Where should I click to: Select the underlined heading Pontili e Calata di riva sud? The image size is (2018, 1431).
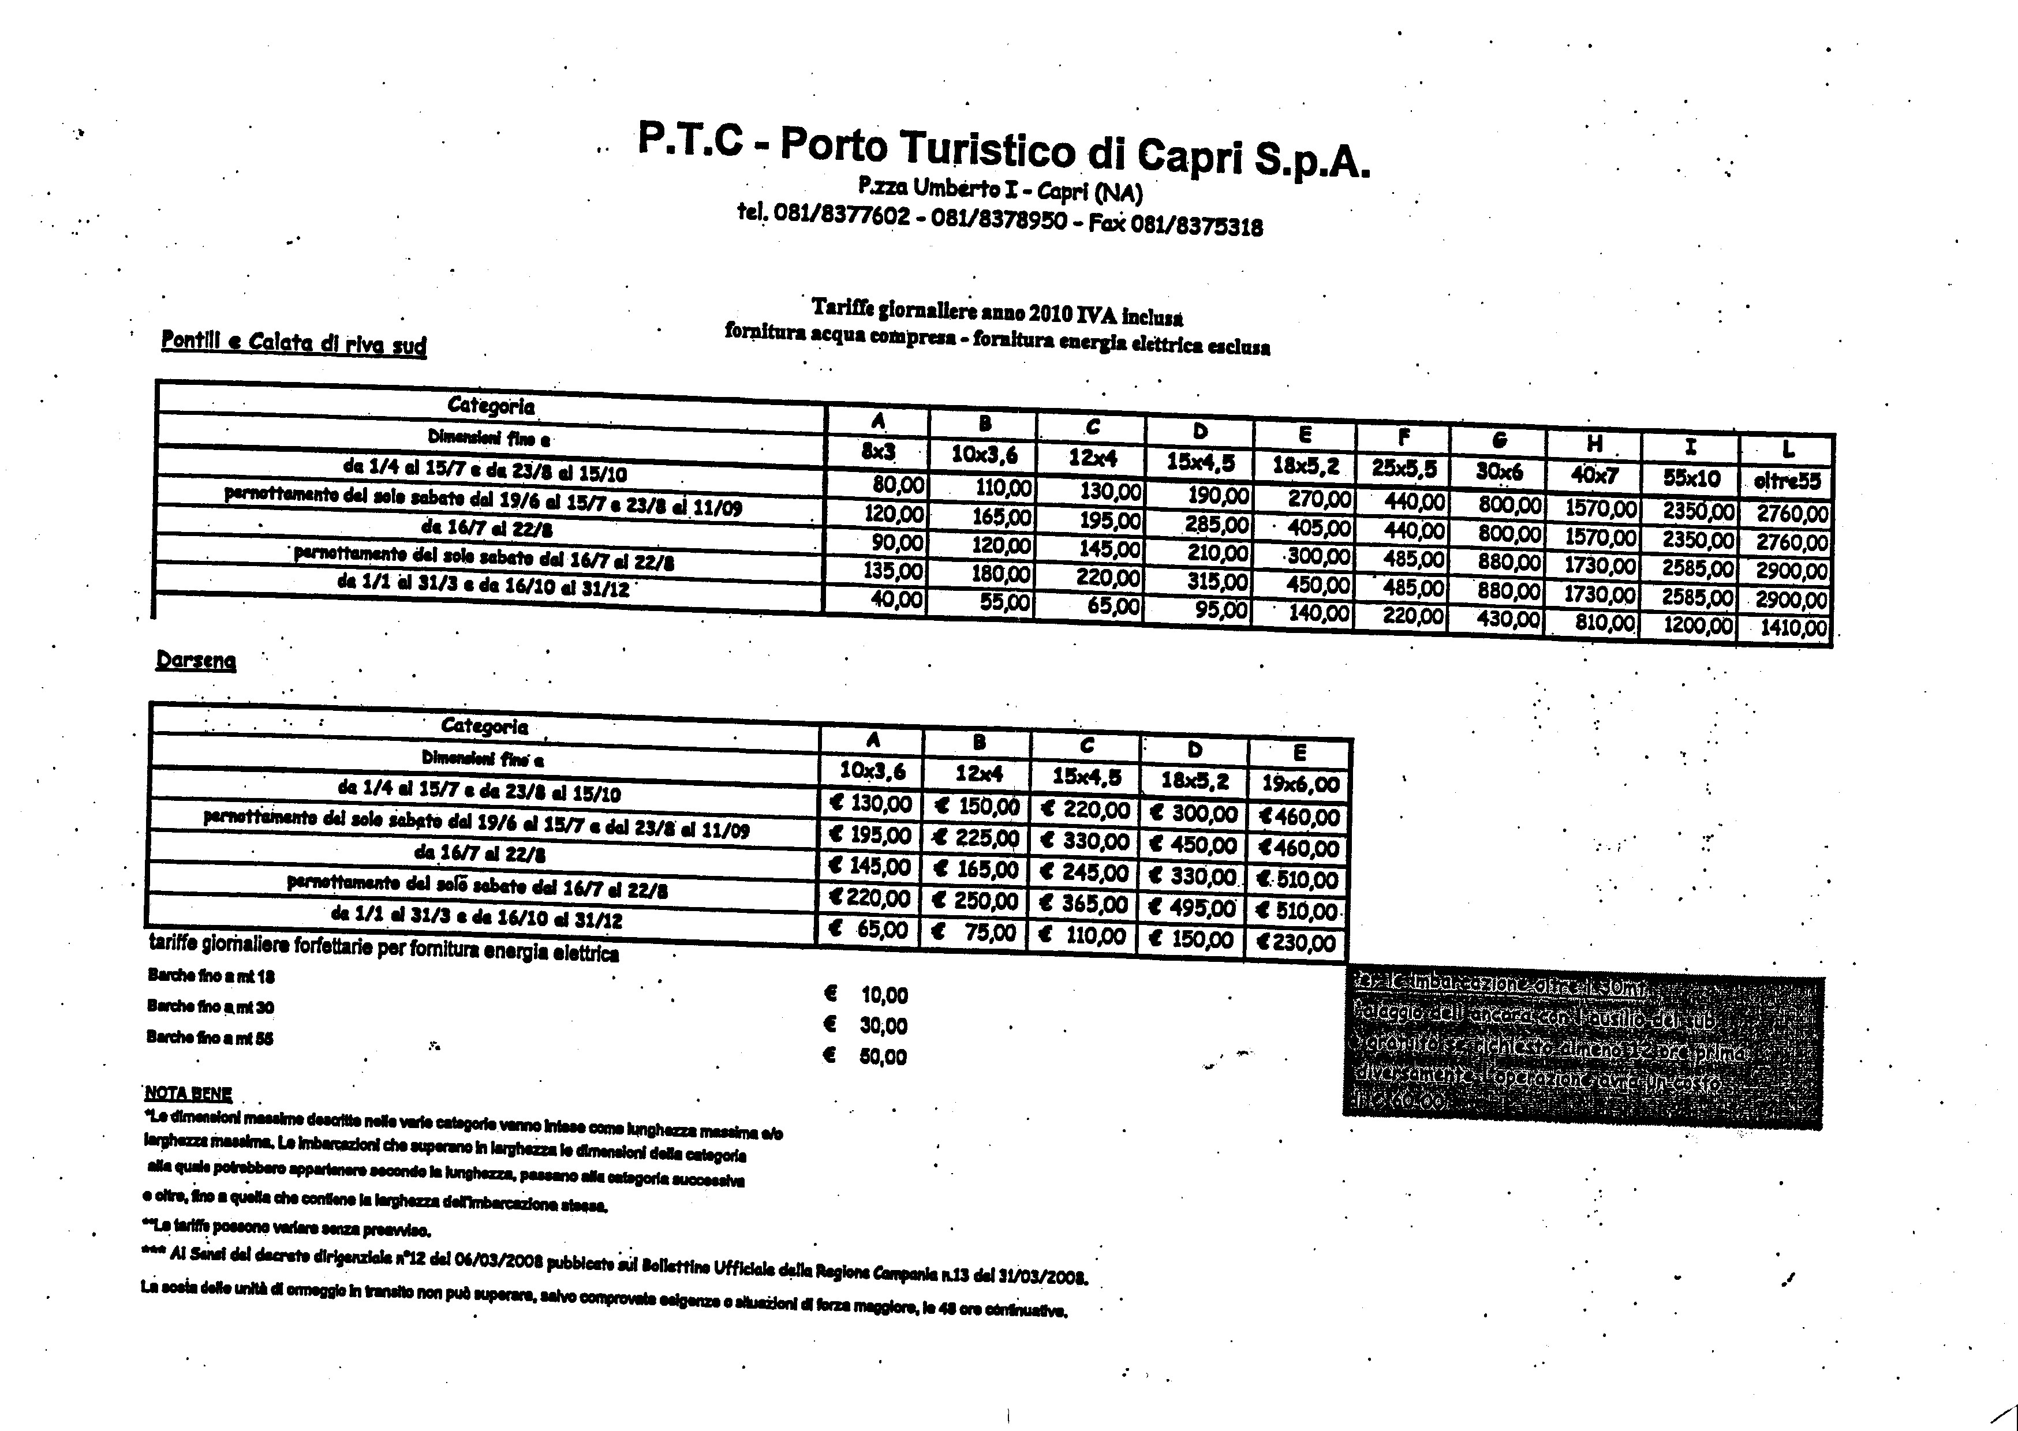[293, 343]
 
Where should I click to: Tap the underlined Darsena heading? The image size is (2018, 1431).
[196, 660]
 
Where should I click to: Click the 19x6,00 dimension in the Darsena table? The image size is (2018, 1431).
[1300, 784]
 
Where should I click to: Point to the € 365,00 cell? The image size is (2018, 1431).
[1084, 904]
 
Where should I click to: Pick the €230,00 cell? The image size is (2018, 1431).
[1296, 943]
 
